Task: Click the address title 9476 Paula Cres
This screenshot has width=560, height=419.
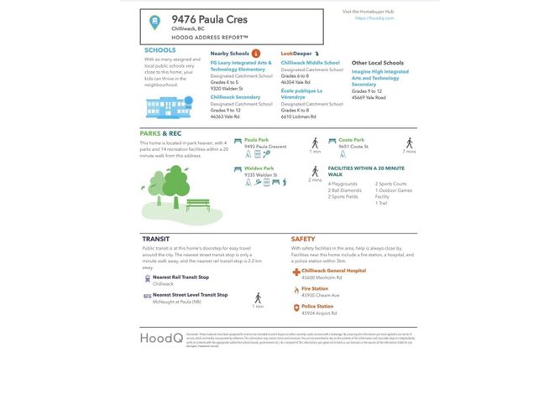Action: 210,18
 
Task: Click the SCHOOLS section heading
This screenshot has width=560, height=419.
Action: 160,50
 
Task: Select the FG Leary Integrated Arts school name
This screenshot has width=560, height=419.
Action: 240,65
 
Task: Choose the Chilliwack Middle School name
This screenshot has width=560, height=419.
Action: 310,62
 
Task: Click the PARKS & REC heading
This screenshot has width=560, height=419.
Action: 160,133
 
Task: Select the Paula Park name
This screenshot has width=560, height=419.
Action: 256,140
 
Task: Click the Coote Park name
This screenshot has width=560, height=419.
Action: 351,140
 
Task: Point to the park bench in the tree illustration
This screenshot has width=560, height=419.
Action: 197,204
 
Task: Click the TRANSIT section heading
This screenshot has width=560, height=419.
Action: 156,239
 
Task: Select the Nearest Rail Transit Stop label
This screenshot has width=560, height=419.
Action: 181,277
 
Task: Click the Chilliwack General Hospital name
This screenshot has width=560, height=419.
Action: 333,271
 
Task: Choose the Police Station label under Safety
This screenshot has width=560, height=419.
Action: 317,307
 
